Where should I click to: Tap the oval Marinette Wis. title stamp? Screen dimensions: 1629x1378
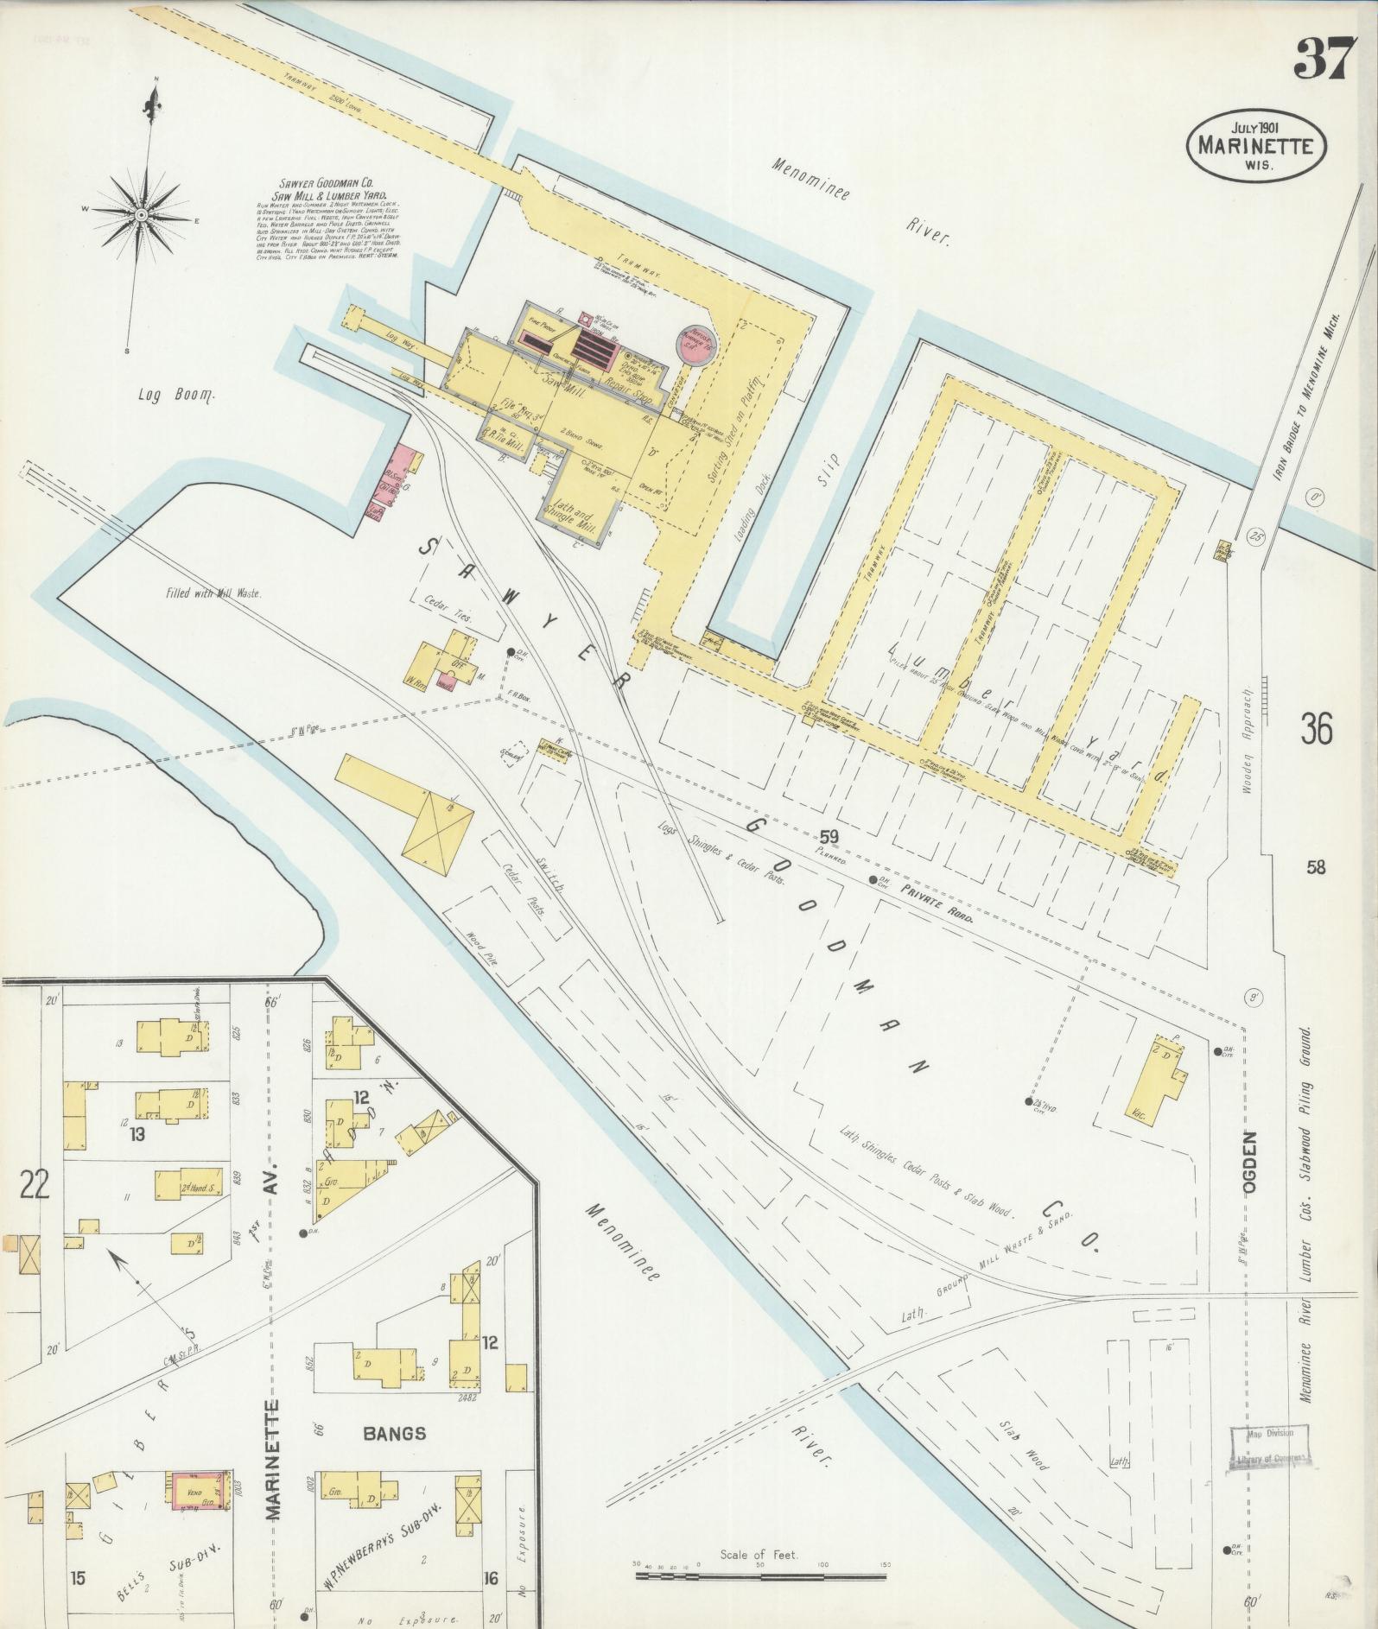point(1256,147)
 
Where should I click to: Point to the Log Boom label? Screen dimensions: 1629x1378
point(175,395)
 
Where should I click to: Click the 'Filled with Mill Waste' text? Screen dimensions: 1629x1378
point(213,593)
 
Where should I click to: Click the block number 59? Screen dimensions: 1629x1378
point(829,836)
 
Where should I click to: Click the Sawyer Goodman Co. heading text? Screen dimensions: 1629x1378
point(331,188)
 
